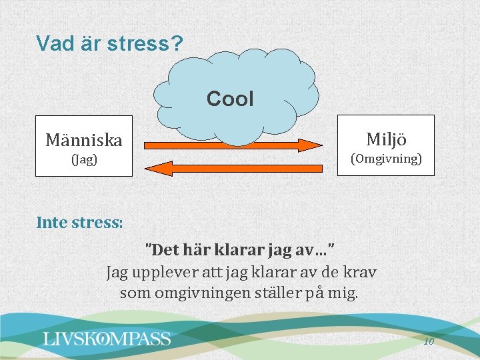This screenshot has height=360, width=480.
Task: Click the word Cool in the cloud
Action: click(x=230, y=99)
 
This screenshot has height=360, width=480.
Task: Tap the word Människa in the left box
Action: click(x=83, y=140)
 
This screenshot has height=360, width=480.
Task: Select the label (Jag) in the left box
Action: click(x=84, y=160)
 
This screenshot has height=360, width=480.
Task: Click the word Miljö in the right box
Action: click(x=386, y=139)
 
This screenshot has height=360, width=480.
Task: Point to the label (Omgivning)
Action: click(x=386, y=159)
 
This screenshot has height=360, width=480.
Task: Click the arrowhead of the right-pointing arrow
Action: click(x=310, y=145)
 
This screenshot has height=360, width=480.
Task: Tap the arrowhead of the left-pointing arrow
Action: click(x=155, y=168)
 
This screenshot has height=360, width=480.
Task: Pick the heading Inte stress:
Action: click(x=79, y=222)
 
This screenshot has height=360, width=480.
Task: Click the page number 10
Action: click(x=429, y=341)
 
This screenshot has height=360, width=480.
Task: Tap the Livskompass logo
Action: click(x=107, y=339)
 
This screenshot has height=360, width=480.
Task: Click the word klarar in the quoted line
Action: click(x=241, y=251)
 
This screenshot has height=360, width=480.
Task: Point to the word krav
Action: click(x=361, y=272)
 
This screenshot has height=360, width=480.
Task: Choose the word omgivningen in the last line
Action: click(x=199, y=293)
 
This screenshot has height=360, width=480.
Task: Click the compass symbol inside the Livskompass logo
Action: click(x=105, y=339)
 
